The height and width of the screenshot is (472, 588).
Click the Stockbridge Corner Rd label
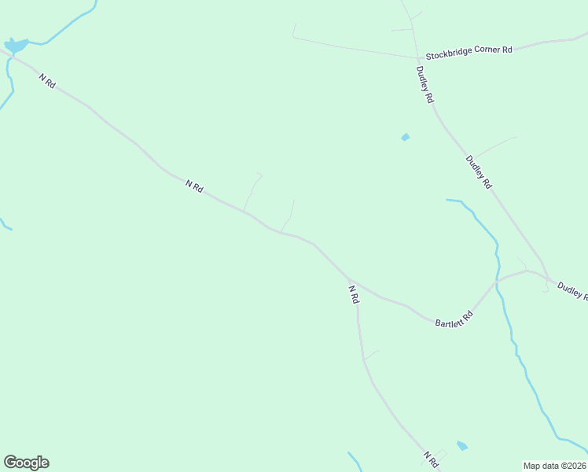click(469, 52)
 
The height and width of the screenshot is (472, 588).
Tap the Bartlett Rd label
click(454, 319)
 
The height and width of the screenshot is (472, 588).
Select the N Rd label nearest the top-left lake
click(46, 80)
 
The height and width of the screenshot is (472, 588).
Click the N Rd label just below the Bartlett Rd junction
click(354, 294)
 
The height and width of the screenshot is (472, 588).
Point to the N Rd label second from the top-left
click(194, 186)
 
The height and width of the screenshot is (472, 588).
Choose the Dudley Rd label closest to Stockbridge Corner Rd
click(425, 85)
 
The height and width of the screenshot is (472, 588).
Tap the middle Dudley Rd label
click(478, 172)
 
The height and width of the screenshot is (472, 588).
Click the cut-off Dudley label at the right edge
click(572, 290)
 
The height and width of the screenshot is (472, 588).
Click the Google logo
click(26, 463)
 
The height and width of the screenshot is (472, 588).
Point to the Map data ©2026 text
click(555, 465)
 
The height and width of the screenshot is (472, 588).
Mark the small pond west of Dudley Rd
click(406, 138)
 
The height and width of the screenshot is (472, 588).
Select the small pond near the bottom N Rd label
click(462, 446)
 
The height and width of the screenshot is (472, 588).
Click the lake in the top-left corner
click(16, 46)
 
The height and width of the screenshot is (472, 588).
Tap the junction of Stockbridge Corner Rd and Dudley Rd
click(417, 58)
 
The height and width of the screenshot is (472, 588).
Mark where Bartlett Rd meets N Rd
click(351, 279)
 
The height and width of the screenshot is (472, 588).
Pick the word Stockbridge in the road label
click(447, 55)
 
